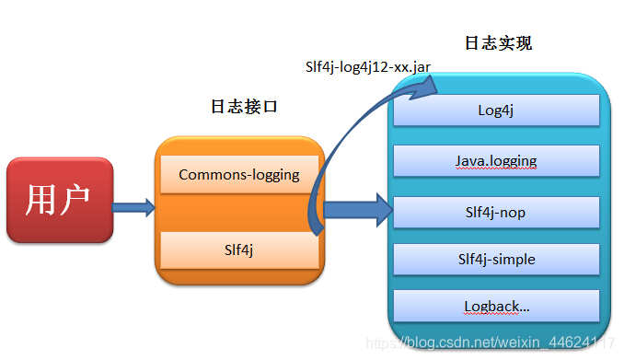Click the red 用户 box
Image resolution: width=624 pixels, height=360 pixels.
click(x=60, y=200)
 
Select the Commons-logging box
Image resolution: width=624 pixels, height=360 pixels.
click(x=239, y=175)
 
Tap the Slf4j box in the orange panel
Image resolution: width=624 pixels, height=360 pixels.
click(x=239, y=249)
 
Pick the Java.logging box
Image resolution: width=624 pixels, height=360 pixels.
click(x=496, y=161)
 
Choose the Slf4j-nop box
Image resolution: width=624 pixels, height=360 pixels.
click(x=496, y=213)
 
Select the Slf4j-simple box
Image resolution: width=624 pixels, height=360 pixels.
click(x=496, y=260)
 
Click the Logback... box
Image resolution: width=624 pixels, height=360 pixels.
click(x=496, y=307)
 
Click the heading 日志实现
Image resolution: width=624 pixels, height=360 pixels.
click(x=498, y=43)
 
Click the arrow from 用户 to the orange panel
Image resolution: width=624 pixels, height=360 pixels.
click(x=134, y=207)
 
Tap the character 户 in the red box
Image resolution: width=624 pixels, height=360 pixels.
click(x=77, y=200)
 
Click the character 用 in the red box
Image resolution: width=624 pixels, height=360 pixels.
click(x=42, y=200)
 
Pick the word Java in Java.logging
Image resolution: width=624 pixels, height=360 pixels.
click(x=471, y=161)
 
